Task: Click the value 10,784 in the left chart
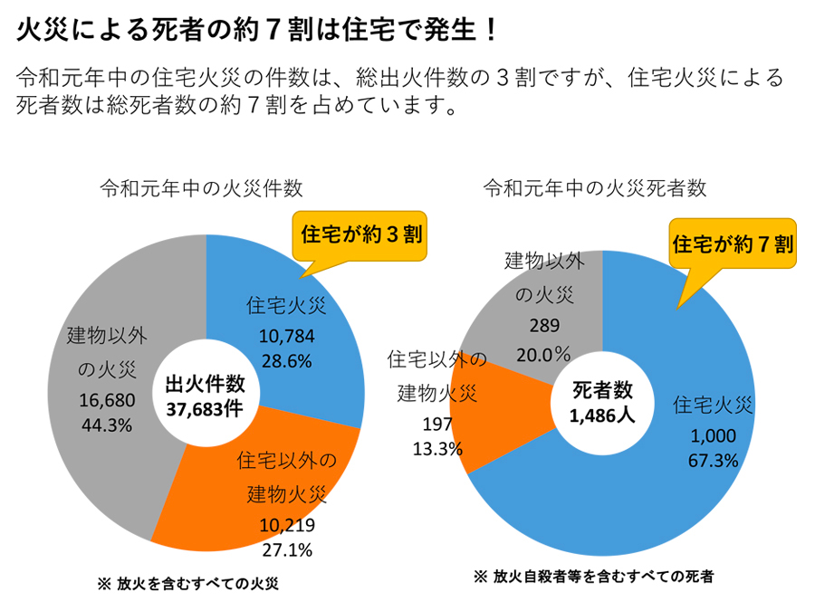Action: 286,337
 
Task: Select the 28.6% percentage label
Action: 286,360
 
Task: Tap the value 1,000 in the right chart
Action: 712,435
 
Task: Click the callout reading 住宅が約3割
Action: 360,234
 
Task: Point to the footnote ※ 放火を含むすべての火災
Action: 187,584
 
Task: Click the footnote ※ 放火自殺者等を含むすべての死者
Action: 593,577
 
